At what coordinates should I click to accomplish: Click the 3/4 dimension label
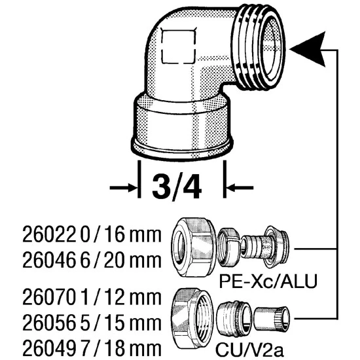click(x=177, y=187)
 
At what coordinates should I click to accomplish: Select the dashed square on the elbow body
click(x=179, y=45)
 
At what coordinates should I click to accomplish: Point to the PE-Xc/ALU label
click(x=268, y=281)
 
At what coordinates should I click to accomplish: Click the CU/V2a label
click(x=249, y=350)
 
